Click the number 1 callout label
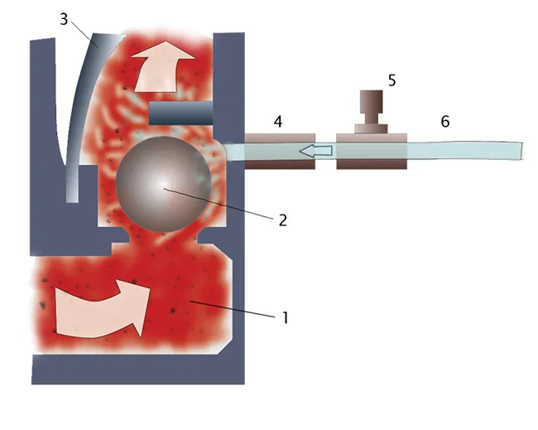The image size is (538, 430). (x=285, y=317)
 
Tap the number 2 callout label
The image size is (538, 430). (x=283, y=220)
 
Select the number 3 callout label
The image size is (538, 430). (x=64, y=19)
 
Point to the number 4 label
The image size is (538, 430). (x=278, y=122)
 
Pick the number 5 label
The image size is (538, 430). (x=391, y=80)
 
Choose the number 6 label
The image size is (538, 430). (x=445, y=122)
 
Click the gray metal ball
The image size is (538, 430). (x=163, y=184)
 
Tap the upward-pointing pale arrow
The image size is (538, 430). (x=164, y=66)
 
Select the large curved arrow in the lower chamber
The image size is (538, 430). (x=103, y=308)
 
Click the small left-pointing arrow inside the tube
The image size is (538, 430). (x=315, y=151)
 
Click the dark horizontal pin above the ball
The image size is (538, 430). (x=181, y=113)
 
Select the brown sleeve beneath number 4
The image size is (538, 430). (x=280, y=152)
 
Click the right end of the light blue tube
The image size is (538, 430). (x=522, y=151)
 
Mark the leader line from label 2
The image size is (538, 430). (x=219, y=203)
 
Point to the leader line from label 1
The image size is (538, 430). (x=233, y=309)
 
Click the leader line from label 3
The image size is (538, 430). (x=84, y=34)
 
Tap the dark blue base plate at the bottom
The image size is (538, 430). (x=138, y=370)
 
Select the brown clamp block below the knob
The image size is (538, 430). (x=372, y=152)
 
